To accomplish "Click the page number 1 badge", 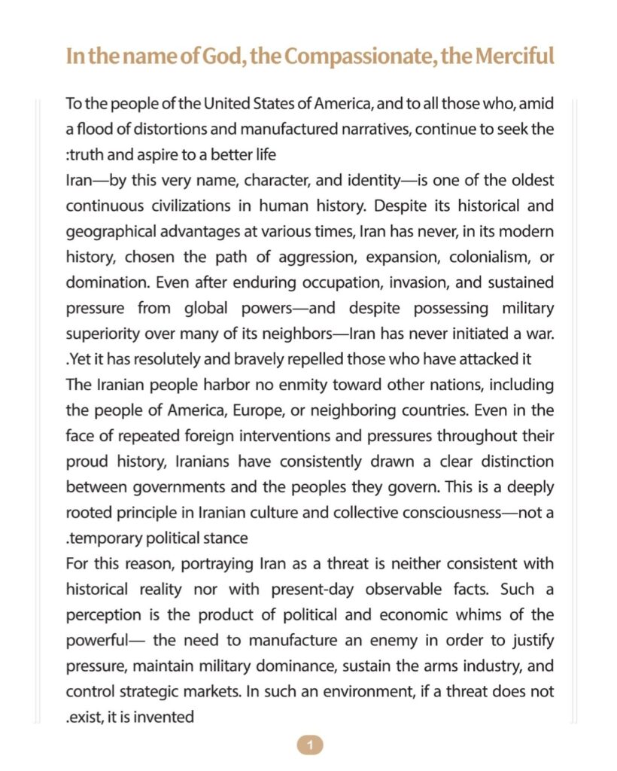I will [309, 745].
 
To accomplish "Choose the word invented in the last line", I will [165, 717].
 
